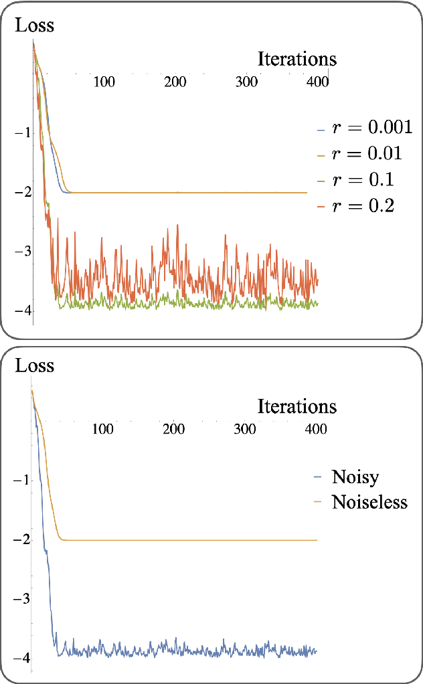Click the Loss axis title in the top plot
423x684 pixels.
tap(34, 26)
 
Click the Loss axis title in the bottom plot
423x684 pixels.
tap(34, 366)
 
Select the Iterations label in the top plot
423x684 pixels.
tap(297, 59)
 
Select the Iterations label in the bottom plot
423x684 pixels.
tap(297, 406)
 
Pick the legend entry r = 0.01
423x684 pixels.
tap(366, 154)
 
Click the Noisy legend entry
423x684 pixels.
tap(355, 477)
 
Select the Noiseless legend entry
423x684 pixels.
tap(369, 502)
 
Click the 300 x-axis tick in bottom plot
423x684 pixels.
tap(245, 428)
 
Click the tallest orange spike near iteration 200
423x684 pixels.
tap(177, 226)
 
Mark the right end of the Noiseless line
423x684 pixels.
tap(315, 539)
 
